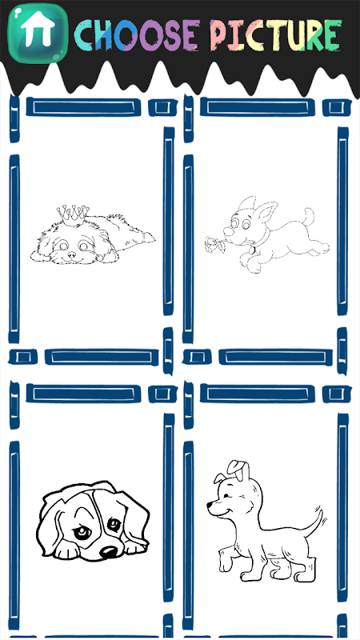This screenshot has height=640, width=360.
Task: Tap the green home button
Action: click(x=38, y=34)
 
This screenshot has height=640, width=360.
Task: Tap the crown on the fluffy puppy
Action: click(x=73, y=214)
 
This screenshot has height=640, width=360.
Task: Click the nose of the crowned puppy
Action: click(x=72, y=254)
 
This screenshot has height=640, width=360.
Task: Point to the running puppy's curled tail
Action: click(x=309, y=216)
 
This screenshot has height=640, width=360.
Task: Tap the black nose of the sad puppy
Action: click(x=109, y=552)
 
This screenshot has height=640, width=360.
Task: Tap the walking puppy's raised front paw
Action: click(x=226, y=562)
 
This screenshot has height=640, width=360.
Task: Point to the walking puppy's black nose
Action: click(x=210, y=506)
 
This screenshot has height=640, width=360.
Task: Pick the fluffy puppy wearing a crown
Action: click(x=93, y=234)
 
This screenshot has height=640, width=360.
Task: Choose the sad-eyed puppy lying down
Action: click(x=94, y=521)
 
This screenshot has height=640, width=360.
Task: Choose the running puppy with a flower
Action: click(x=267, y=234)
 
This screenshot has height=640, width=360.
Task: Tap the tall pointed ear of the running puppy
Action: click(x=266, y=211)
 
